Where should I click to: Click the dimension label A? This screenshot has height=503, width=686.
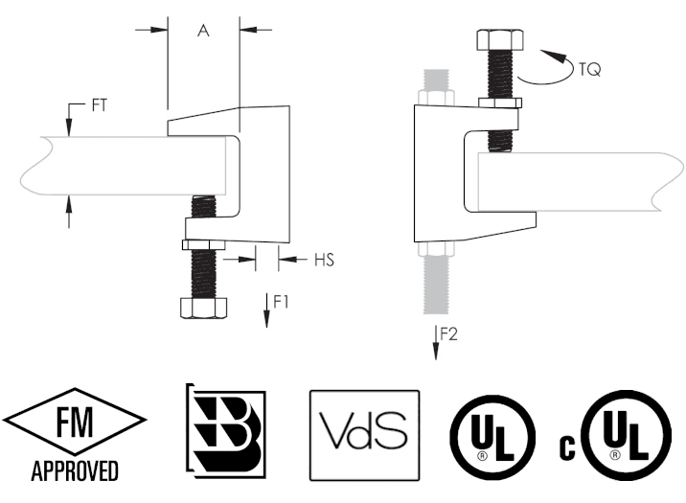(203, 31)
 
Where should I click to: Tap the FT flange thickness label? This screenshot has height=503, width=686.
(100, 105)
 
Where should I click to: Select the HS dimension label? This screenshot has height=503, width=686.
(324, 260)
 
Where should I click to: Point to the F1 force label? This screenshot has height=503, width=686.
(281, 302)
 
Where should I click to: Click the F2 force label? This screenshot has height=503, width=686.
(448, 334)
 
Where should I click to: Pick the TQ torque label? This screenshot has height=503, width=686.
(590, 69)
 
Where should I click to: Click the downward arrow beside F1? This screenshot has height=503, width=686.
(266, 310)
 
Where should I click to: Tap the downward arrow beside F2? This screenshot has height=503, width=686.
(436, 342)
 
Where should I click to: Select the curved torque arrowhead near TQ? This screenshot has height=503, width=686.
(554, 57)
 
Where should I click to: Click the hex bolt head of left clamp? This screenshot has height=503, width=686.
(204, 307)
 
